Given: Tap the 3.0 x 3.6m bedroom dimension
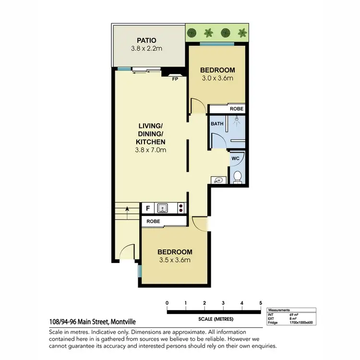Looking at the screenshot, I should click(x=217, y=79).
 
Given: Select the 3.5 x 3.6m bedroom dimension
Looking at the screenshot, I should click(x=175, y=260).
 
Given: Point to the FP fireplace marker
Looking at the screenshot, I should click(x=176, y=80).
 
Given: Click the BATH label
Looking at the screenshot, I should click(x=217, y=124).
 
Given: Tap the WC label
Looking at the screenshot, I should click(x=235, y=158).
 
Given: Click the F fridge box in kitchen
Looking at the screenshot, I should click(x=147, y=208).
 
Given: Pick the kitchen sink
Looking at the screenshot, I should click(x=163, y=208).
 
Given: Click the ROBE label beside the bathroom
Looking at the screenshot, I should click(x=237, y=109).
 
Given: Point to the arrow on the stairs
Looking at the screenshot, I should click(x=127, y=209).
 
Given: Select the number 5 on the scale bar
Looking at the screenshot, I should click(x=260, y=303).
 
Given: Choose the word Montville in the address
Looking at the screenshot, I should click(x=127, y=323).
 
